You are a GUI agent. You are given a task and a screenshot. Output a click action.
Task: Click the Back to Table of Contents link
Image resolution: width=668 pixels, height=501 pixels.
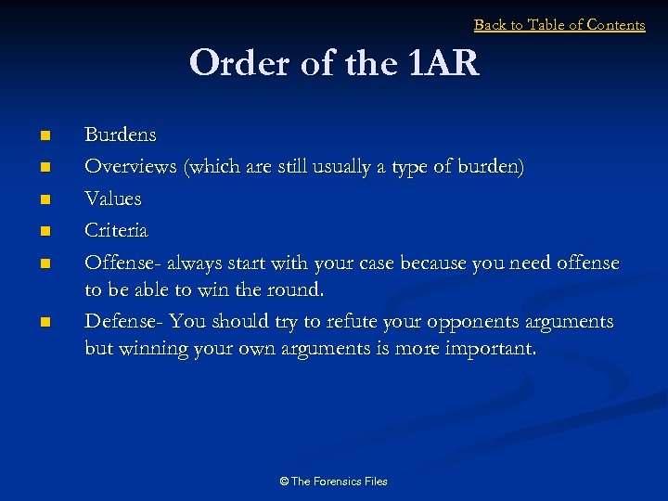coord(559,25)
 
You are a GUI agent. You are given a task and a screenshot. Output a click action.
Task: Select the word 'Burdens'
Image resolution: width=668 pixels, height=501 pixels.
coord(121,135)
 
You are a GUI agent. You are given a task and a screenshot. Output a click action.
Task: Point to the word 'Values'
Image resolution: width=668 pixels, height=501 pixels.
coord(113,199)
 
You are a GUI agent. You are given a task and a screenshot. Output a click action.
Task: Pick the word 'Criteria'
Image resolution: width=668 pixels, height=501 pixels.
coord(116,230)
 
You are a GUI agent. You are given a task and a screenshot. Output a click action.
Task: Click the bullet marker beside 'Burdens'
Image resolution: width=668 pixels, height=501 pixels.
coord(43,136)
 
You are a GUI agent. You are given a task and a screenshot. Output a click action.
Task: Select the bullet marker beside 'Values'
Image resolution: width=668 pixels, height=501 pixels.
coord(43,199)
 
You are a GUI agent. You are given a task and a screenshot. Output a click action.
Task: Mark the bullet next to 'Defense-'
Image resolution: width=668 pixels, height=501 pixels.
coord(43,323)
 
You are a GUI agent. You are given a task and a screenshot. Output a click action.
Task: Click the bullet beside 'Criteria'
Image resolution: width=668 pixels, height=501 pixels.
coord(43,231)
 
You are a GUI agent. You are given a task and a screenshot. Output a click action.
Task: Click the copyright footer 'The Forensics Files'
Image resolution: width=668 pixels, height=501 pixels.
coord(333,482)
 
